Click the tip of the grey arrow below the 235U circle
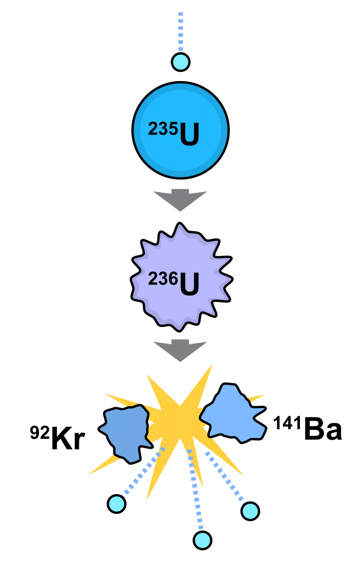180,211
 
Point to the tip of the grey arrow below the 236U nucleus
180,362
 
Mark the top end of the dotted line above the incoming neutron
181,12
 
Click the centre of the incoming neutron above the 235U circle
181,62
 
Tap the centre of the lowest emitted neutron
202,540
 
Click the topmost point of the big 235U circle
181,81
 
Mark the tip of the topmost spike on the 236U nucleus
179,222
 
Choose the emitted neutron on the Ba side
250,511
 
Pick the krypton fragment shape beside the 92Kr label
125,433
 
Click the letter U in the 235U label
189,134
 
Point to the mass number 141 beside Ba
287,423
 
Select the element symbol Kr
68,438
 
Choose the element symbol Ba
323,428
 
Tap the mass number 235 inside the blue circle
163,129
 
